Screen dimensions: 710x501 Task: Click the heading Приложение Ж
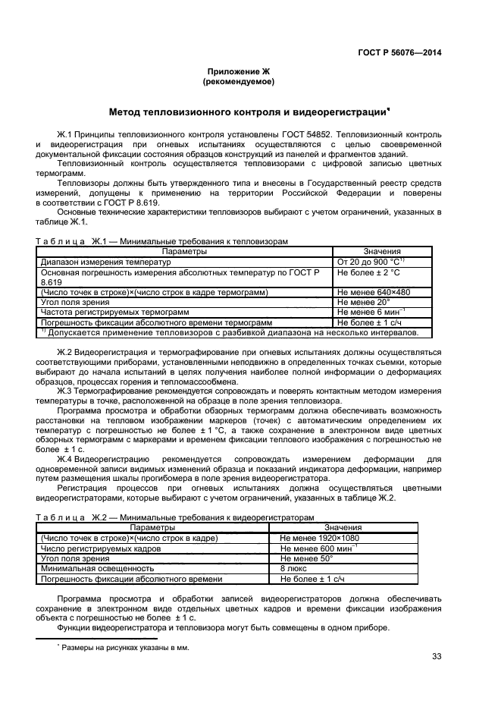pos(239,71)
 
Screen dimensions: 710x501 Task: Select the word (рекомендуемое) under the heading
pos(239,80)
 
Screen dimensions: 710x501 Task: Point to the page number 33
pos(436,656)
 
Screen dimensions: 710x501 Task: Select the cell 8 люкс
pos(293,567)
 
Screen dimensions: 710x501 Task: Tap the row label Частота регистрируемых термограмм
pos(114,311)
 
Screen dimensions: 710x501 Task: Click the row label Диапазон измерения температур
pos(106,262)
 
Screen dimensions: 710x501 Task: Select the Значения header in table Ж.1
pos(382,251)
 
